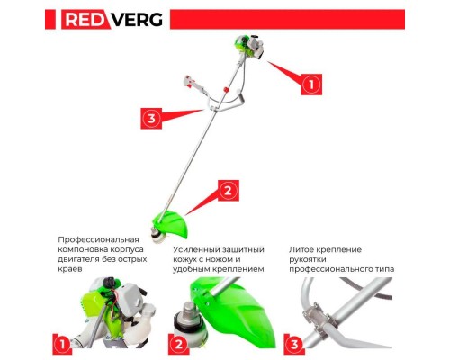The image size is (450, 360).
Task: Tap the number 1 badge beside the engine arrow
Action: pos(310,84)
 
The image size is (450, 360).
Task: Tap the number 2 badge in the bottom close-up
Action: pos(181,342)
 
